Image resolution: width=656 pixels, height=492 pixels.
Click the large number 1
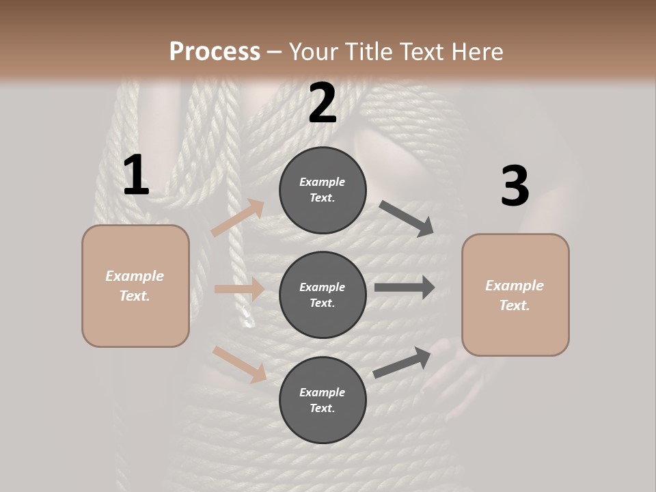(136, 175)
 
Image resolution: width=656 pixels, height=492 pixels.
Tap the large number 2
(322, 103)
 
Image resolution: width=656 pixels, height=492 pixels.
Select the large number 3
(515, 186)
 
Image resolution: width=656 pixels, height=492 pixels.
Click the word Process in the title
(215, 52)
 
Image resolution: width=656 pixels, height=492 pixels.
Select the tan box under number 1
(135, 286)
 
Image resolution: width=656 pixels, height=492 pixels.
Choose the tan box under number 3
(515, 295)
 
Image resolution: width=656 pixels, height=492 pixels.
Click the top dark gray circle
(323, 190)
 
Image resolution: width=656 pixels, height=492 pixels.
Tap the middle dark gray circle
(323, 295)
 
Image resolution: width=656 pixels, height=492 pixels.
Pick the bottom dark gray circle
(323, 400)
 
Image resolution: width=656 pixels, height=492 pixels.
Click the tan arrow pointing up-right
(238, 218)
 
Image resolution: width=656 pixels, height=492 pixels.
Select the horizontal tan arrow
(239, 289)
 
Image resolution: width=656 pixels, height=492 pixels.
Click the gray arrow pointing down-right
(407, 218)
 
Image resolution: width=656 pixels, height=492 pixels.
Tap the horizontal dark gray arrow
(405, 288)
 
